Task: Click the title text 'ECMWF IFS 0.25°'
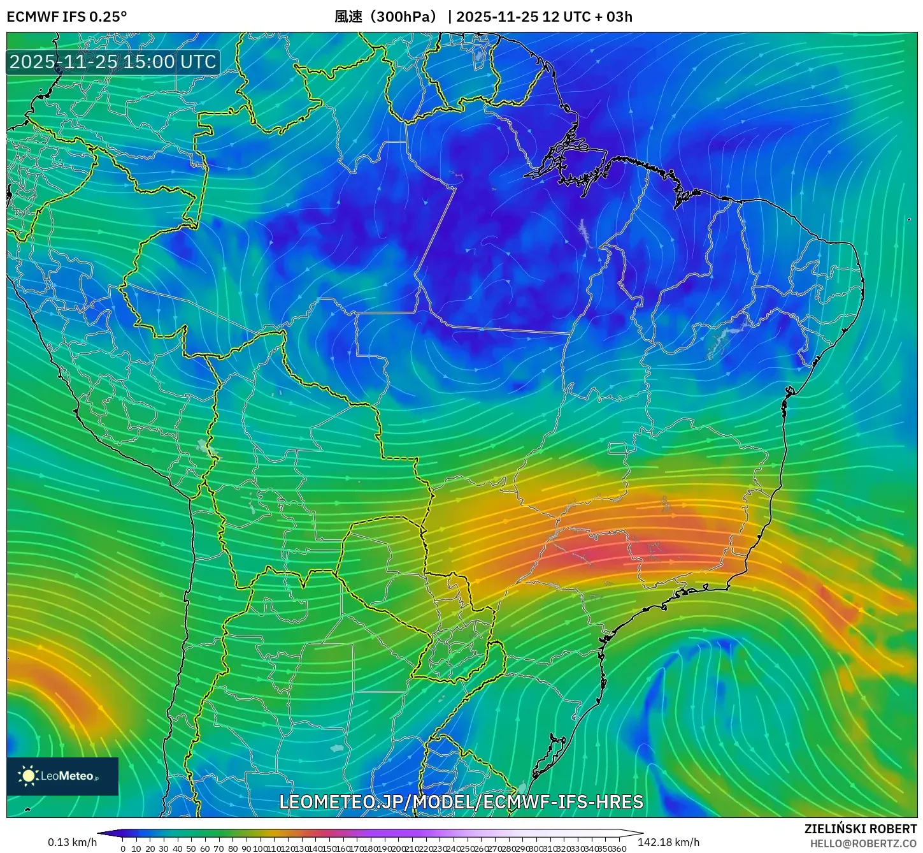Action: (66, 17)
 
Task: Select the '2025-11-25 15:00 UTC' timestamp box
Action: (113, 62)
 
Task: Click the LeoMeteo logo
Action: (62, 776)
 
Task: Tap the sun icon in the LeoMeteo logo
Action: (28, 776)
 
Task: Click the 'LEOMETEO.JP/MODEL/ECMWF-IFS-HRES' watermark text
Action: (461, 801)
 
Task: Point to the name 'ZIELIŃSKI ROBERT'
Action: (860, 829)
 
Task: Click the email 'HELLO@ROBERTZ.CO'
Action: (863, 843)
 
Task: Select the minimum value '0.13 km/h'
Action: (72, 842)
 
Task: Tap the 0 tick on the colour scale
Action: (123, 849)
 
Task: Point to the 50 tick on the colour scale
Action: (191, 849)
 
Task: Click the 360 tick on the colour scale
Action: (619, 849)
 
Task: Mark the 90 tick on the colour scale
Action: (246, 849)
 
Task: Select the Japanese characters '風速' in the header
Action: (348, 17)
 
